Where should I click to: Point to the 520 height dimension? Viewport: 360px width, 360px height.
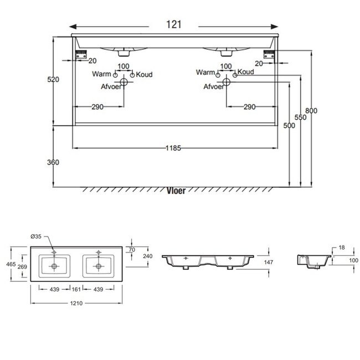coord(53,80)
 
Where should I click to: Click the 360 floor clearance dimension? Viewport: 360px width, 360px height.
coord(53,162)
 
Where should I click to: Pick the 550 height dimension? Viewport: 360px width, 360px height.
coord(300,118)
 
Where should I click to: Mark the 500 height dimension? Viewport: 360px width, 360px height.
coord(289,125)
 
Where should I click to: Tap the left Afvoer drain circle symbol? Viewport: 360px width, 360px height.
coord(124,83)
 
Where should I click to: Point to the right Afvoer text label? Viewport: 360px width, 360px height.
coord(213,86)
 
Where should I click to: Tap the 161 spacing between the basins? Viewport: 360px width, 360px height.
coord(76,290)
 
